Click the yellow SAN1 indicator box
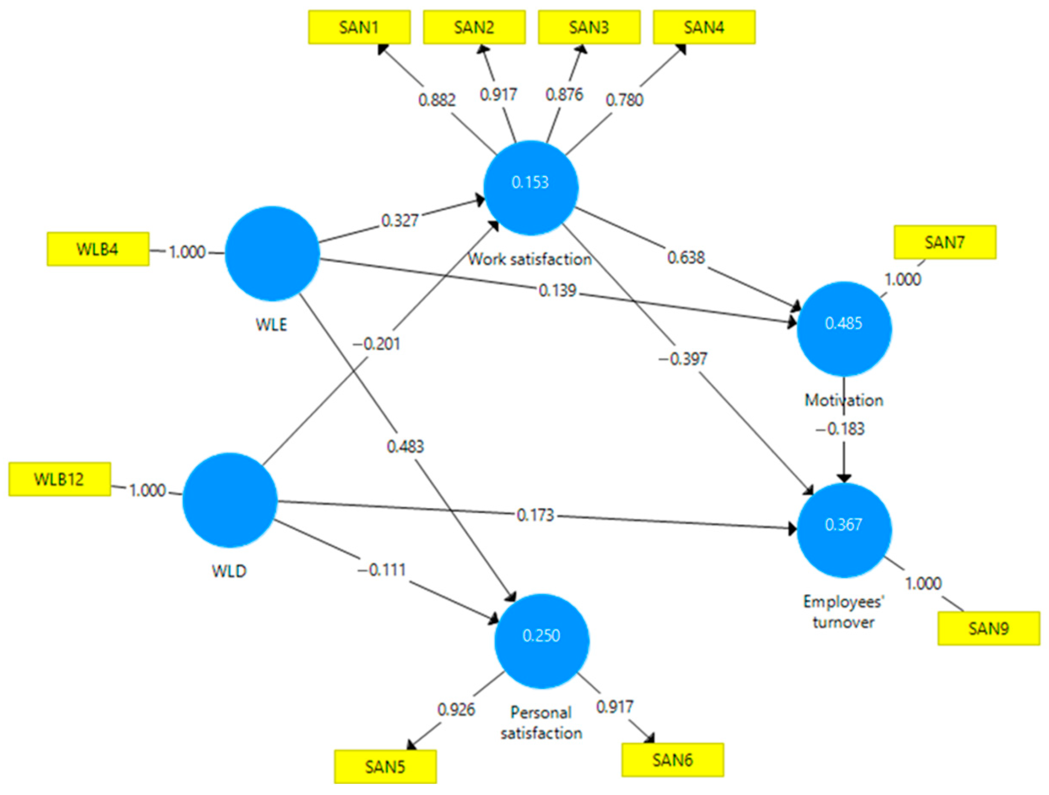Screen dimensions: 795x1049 tap(359, 28)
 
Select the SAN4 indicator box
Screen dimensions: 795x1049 tap(704, 28)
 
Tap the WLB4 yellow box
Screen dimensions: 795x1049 tap(98, 249)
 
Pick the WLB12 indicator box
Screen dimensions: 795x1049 tap(59, 479)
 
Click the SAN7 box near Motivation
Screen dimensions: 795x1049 tap(945, 242)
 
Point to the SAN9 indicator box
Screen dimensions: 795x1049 tap(988, 629)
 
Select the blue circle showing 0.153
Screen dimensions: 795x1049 tap(530, 187)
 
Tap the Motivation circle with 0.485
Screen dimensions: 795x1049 tap(843, 329)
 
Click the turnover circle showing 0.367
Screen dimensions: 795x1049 tap(843, 530)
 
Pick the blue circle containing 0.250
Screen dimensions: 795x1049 tap(542, 641)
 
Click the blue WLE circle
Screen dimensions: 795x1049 tap(272, 253)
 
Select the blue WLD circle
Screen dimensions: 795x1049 tap(229, 499)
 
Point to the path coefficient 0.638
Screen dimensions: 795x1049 tap(686, 258)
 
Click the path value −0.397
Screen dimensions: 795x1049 tap(682, 359)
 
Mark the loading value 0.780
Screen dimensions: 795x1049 tap(624, 100)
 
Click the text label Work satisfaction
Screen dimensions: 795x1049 tap(530, 259)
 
